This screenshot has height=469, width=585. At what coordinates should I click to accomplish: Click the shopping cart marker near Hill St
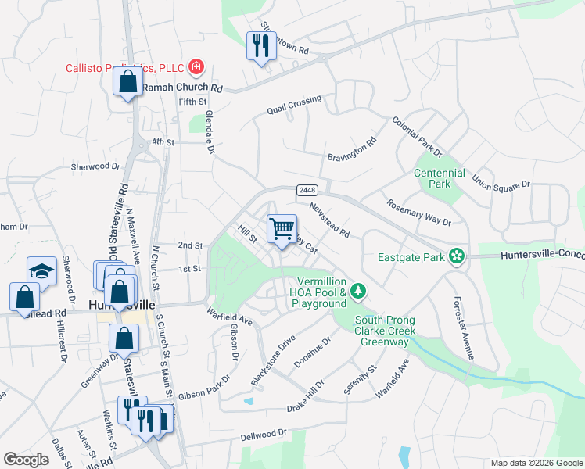coord(282,229)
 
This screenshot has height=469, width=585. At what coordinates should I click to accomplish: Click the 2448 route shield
coord(306,191)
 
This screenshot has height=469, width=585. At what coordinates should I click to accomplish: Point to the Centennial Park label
coord(440,178)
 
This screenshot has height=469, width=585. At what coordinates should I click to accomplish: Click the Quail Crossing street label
coord(293,104)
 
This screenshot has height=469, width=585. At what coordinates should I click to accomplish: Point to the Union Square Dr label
coord(501,184)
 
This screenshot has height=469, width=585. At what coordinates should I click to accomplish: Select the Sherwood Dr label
coord(96,166)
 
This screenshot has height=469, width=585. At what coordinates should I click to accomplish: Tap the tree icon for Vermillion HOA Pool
coord(358,291)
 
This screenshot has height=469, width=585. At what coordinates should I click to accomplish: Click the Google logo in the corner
coord(26,460)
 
